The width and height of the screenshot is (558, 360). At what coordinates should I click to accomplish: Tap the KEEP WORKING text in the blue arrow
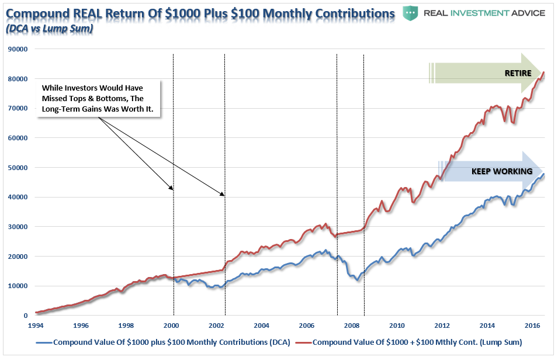[x=502, y=172]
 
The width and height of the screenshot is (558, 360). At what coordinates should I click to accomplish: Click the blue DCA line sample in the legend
[x=44, y=342]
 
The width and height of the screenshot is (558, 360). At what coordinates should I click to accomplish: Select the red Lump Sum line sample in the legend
[x=304, y=342]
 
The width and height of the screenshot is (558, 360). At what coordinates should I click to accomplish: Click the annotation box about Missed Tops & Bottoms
[x=99, y=99]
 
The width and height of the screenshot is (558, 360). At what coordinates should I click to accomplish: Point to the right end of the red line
[x=544, y=72]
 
